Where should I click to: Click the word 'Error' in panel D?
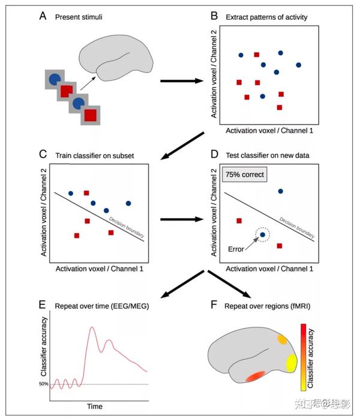click(x=236, y=249)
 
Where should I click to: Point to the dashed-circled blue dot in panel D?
click(x=262, y=234)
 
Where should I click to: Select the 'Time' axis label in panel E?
click(x=95, y=406)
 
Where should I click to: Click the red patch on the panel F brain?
click(x=255, y=378)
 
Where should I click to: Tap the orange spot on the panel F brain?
click(x=282, y=339)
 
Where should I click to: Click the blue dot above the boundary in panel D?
click(x=280, y=192)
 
